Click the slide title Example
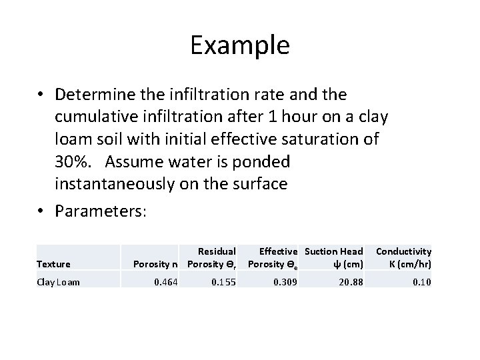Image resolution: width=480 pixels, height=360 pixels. [239, 45]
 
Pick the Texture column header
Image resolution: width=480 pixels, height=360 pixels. [53, 264]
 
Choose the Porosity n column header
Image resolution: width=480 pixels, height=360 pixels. [155, 264]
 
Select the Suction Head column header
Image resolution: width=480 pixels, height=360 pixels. [334, 258]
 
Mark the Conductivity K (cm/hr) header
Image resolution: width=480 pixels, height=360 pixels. [403, 258]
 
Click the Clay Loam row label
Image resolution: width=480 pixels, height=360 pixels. [59, 282]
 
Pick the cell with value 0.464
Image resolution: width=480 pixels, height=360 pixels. [166, 282]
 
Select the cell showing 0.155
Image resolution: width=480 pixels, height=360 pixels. [223, 282]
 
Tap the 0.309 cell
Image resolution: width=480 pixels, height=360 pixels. [285, 282]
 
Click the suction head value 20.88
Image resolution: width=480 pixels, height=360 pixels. [350, 282]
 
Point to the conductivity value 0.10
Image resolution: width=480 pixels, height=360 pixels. [421, 282]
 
